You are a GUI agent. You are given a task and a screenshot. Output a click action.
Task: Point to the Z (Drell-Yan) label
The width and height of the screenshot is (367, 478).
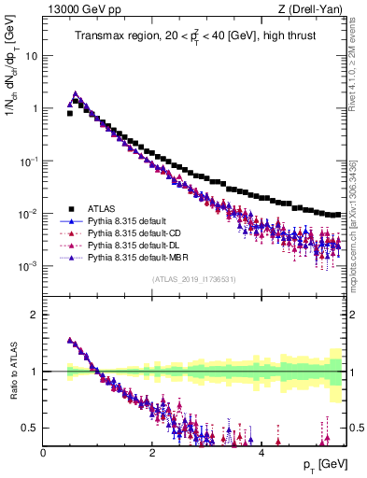pos(315,10)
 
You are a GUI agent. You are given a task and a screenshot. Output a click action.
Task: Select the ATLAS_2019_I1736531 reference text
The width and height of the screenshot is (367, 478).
pos(194,280)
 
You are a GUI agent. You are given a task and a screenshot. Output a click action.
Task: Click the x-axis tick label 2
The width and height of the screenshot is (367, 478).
pos(152,453)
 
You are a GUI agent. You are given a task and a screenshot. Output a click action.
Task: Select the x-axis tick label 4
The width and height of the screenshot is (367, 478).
pos(261,453)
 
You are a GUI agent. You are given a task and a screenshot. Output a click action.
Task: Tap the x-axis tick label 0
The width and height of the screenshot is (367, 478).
pos(43,453)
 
